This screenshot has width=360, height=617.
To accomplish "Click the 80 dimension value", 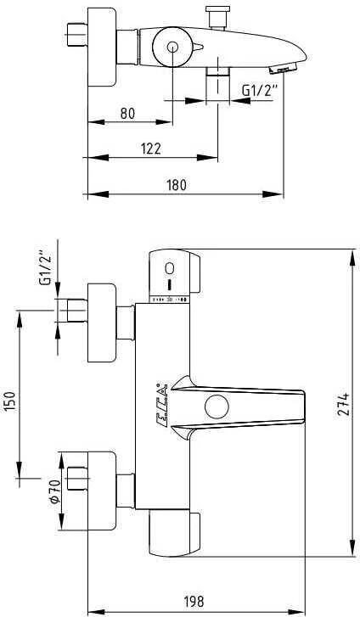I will pos(127,112).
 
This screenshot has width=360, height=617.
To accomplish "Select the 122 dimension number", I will pos(151,148).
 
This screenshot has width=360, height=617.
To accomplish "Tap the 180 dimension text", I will pos(177,184).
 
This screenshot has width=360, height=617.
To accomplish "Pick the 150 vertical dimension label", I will pos(10,398).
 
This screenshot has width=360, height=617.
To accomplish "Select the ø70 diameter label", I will pos(53,493).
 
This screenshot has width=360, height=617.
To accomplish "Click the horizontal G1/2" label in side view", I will pos(258,88).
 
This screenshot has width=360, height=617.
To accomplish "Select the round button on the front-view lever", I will pos(217,407).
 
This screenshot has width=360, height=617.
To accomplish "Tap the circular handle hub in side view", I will pos(172,48).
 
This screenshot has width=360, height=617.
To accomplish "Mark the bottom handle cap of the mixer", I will pos(175,533).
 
